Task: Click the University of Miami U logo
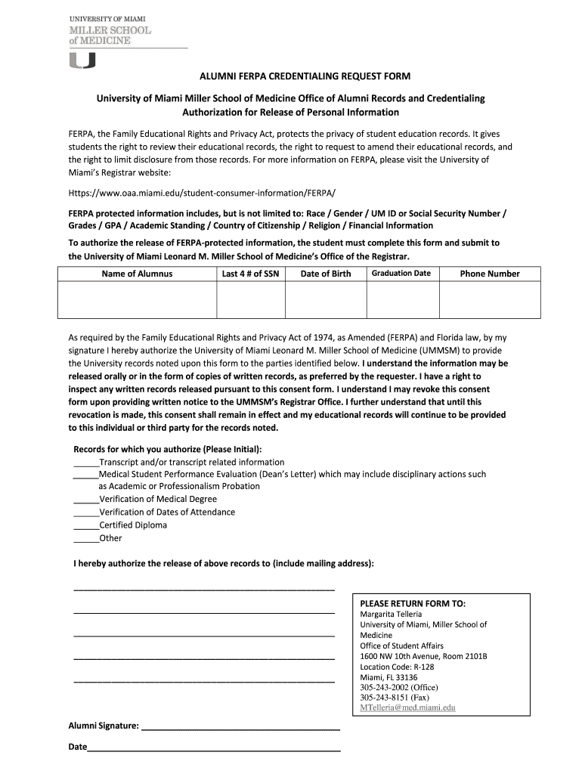(82, 60)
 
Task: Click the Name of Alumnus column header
(137, 274)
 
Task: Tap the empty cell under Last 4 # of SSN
(250, 300)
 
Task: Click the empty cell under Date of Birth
(325, 300)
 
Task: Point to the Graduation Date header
(401, 273)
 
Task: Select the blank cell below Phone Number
(490, 300)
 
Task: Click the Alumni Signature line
(240, 729)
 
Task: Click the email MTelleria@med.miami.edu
(407, 708)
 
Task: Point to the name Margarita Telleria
(391, 615)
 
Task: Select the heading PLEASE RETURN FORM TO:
(412, 604)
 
